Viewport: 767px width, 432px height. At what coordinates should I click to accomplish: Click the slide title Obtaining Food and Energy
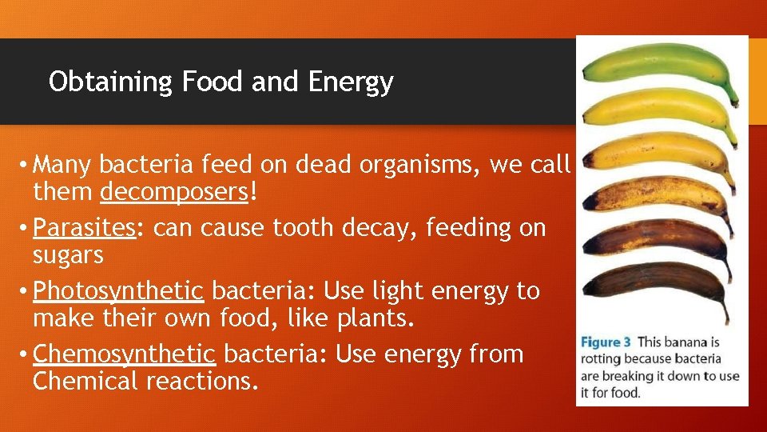click(x=221, y=82)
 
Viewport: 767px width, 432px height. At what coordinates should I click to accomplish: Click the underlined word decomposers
click(x=173, y=193)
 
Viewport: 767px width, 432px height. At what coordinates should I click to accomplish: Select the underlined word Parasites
click(x=85, y=228)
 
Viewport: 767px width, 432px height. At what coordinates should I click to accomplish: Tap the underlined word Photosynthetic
click(x=119, y=290)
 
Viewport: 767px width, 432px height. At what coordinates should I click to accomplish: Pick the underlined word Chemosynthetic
click(x=125, y=354)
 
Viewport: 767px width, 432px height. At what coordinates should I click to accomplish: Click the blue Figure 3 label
click(x=610, y=342)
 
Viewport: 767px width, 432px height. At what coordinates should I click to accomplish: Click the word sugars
click(x=68, y=256)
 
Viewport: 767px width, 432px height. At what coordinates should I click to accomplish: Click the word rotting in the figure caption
click(x=603, y=359)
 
